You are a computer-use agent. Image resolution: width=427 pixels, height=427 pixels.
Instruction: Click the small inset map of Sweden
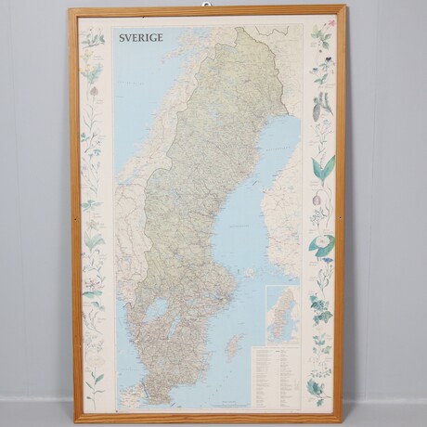[281, 315]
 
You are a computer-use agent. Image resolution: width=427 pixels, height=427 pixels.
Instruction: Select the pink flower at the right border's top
[322, 37]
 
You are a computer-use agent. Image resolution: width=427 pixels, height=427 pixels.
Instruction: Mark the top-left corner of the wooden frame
[71, 10]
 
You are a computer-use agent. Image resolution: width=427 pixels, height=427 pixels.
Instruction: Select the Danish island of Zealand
[130, 395]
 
